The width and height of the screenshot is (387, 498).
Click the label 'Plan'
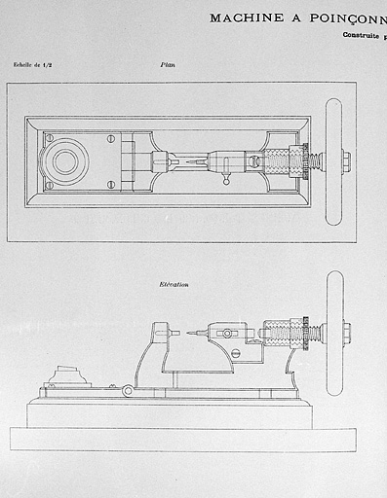(168, 65)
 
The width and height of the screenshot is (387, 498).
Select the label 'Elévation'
(174, 284)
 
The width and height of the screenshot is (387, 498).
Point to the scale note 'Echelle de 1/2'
(35, 65)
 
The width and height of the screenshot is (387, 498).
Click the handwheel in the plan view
(333, 161)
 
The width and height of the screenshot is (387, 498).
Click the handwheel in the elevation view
(334, 333)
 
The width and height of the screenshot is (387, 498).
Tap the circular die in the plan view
(65, 160)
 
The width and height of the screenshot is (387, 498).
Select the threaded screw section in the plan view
(284, 160)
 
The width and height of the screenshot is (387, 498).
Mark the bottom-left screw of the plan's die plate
(49, 184)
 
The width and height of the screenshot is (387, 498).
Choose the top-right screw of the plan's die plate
(112, 138)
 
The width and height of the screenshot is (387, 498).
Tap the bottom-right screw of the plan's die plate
(112, 184)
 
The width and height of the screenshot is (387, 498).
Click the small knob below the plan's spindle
(227, 180)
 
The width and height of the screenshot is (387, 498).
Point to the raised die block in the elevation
(66, 375)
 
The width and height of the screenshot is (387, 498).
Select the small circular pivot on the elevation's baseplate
(128, 391)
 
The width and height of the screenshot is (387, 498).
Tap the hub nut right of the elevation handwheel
(347, 333)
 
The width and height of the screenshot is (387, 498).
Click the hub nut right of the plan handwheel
(347, 160)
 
